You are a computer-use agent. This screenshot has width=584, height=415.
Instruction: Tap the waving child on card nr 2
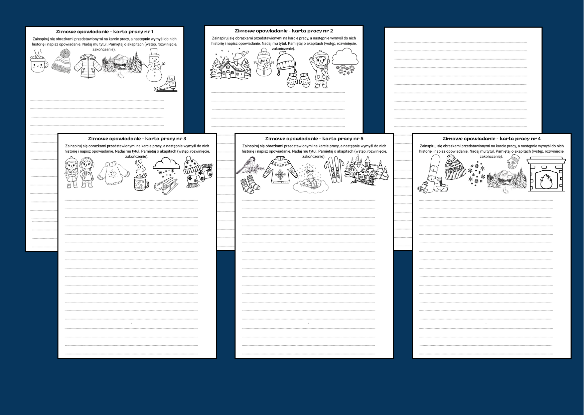pyautogui.click(x=321, y=69)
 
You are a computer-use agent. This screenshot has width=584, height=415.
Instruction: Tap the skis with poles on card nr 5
pyautogui.click(x=333, y=171)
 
